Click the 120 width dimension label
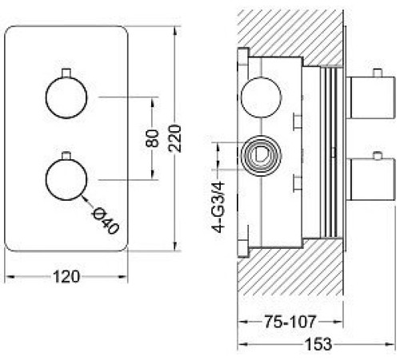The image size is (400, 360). tap(66, 277)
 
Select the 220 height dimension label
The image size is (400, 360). tap(175, 138)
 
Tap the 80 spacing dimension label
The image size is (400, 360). tap(152, 138)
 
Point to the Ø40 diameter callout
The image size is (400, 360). tap(105, 221)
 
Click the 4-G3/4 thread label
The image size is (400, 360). tap(218, 207)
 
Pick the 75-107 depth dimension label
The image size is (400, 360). tap(290, 322)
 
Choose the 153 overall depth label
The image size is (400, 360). tap(318, 344)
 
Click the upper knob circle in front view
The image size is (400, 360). tap(66, 98)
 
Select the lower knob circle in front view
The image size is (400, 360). tap(66, 179)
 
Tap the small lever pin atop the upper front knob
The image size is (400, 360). tap(66, 73)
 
